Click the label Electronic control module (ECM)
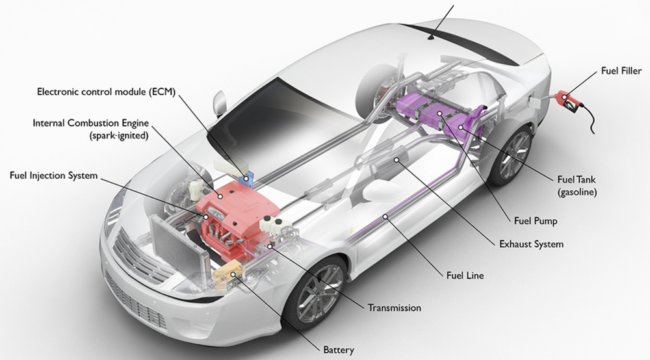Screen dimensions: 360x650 tap(106, 90)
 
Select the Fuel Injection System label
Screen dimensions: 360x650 tap(53, 175)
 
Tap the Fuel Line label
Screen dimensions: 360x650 tap(465, 276)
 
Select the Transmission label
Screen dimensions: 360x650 tap(395, 307)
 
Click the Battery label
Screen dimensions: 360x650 tap(339, 350)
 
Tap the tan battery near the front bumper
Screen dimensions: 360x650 tap(227, 274)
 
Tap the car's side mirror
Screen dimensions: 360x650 tap(219, 103)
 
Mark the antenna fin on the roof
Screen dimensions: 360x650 tap(430, 38)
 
